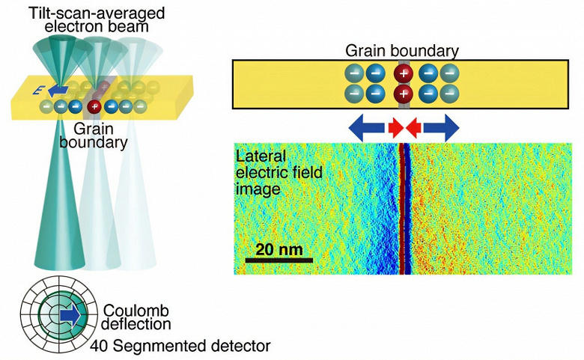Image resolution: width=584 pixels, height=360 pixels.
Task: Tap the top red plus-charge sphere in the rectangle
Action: tap(404, 74)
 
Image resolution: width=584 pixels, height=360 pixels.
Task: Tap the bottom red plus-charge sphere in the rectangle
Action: tap(404, 94)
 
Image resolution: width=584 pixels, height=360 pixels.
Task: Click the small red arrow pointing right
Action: tap(395, 128)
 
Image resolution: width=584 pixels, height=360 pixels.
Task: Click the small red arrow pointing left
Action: tap(413, 128)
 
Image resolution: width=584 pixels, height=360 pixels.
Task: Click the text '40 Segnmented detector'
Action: tap(180, 346)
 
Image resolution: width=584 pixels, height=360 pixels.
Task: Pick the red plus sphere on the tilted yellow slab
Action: tap(94, 107)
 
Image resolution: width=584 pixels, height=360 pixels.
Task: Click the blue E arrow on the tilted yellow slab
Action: tap(55, 91)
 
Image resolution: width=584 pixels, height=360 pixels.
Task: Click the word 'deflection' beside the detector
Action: tap(137, 325)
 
